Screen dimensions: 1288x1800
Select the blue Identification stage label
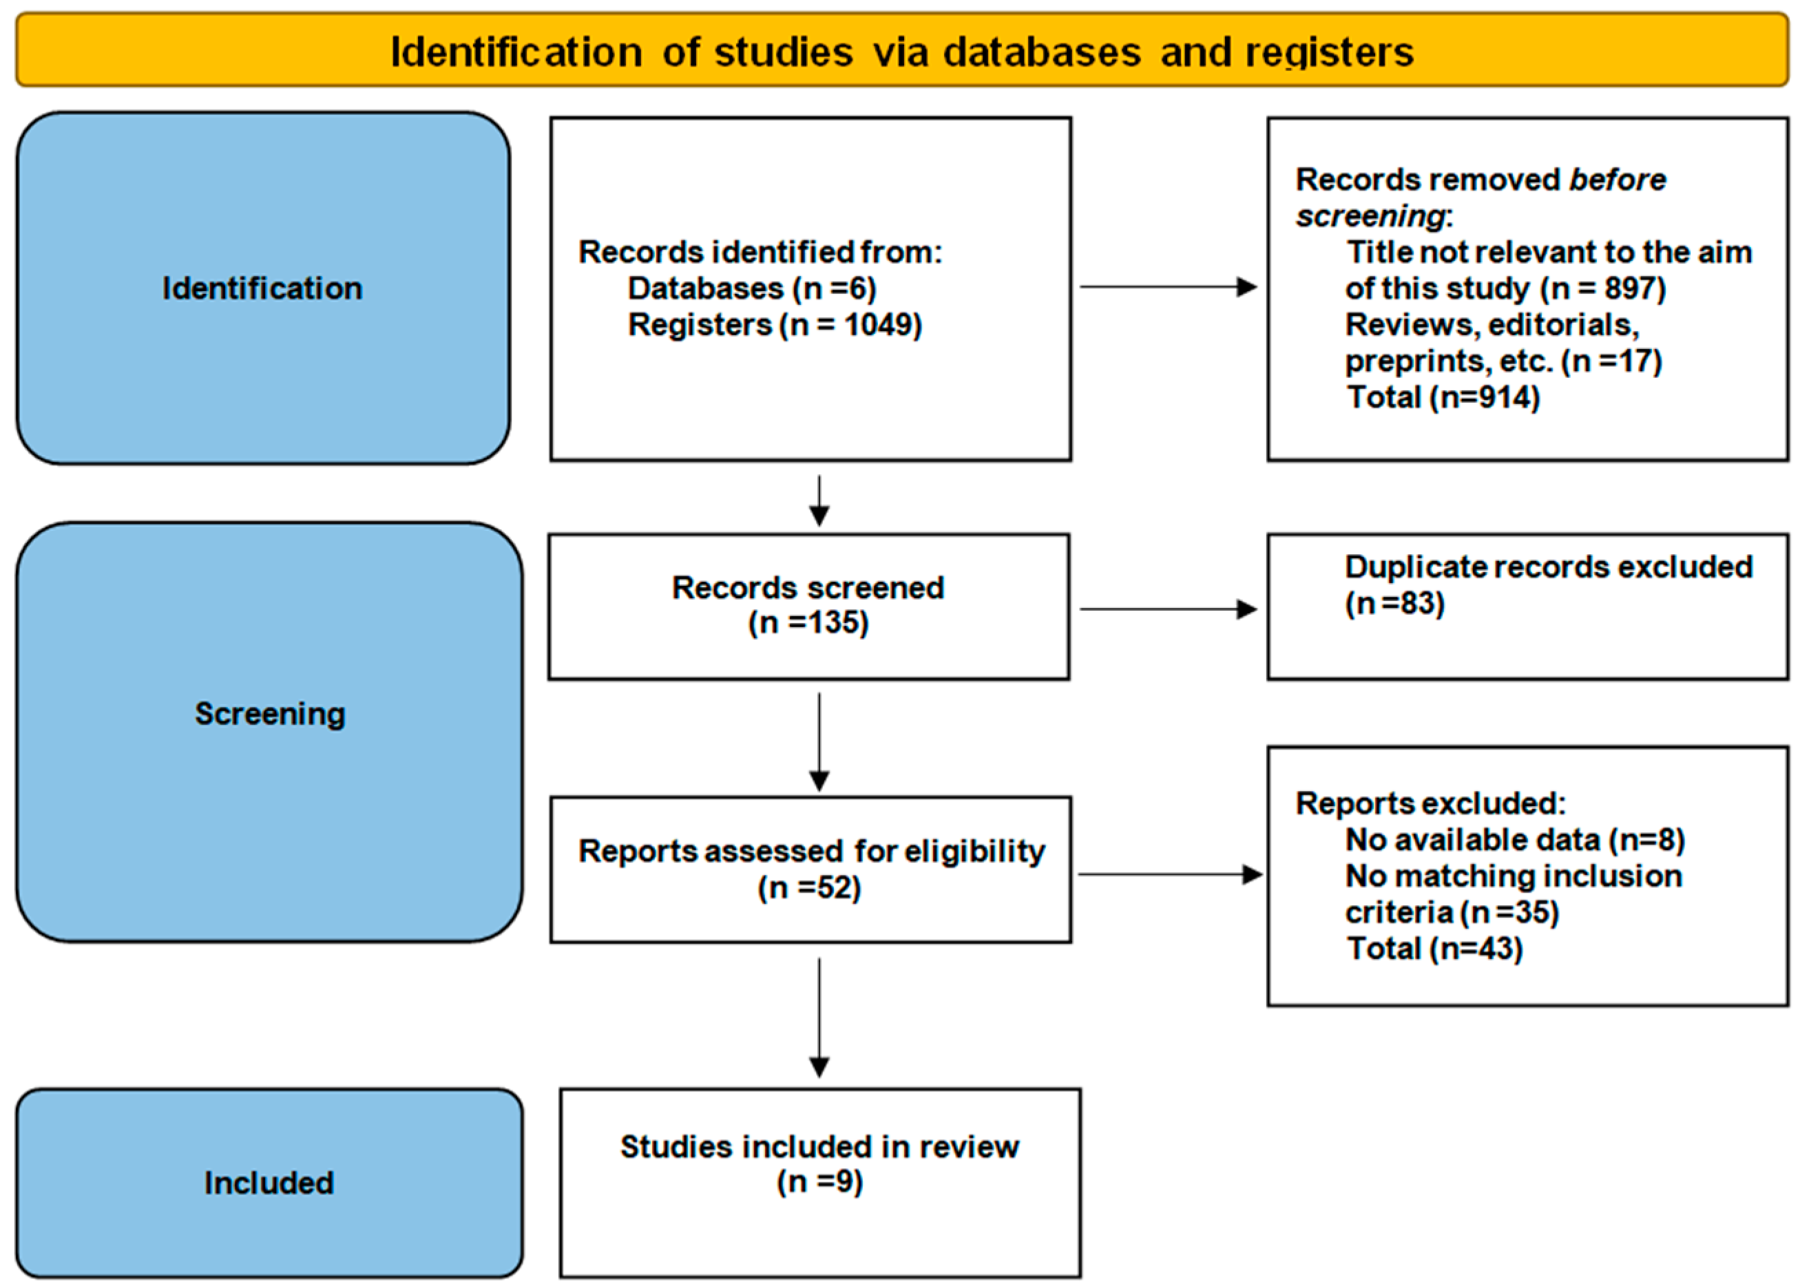coord(262,288)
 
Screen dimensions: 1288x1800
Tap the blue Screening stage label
coord(270,714)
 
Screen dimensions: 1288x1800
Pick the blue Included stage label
coord(269,1183)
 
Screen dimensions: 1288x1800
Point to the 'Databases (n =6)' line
coord(751,288)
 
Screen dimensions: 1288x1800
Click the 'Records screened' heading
coord(808,588)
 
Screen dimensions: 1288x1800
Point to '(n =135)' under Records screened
coord(808,622)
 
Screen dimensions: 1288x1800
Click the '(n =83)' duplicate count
coord(1394,604)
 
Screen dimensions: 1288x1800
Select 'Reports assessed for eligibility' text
coord(810,851)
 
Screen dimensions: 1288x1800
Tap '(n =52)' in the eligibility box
coord(808,887)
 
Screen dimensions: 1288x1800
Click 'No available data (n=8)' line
coord(1514,839)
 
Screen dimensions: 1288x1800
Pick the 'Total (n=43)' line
coord(1434,949)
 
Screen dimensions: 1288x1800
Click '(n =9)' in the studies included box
coord(819,1182)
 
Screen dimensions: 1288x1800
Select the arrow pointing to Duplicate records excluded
coord(1168,609)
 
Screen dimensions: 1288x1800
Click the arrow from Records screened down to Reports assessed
coord(819,741)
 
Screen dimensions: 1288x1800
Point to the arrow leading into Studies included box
coord(819,1017)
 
